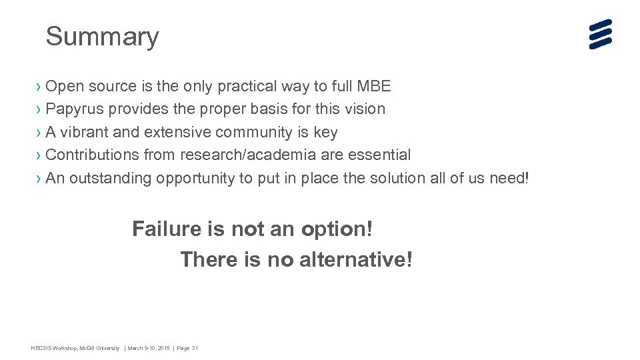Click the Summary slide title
point(102,37)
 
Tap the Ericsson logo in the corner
point(600,34)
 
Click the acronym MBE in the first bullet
point(374,86)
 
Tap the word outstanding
point(110,178)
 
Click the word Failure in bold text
point(167,229)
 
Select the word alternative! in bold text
point(356,259)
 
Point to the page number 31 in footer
point(195,348)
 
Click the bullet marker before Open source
point(39,86)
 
